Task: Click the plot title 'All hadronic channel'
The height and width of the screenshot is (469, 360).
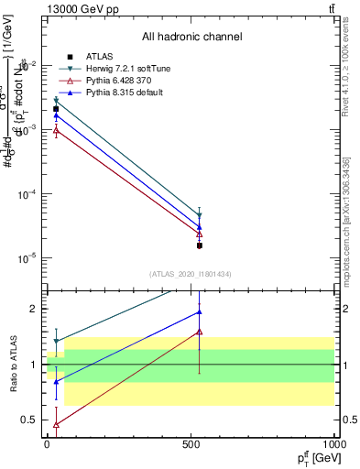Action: [191, 38]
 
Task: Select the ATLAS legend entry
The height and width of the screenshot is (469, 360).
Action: [88, 57]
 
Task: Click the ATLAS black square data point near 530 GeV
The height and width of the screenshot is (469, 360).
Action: [199, 245]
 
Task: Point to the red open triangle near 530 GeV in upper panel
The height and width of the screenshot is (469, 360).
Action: [199, 234]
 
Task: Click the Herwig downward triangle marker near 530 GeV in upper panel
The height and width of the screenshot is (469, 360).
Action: [199, 216]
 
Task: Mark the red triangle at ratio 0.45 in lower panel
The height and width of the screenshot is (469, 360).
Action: [56, 425]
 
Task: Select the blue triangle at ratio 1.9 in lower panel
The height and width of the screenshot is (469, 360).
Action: [199, 312]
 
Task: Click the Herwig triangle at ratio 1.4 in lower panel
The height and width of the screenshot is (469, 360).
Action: [56, 342]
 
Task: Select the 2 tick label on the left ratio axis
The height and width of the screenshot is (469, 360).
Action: [35, 309]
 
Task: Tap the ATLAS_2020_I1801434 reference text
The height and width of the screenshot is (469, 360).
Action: [191, 274]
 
